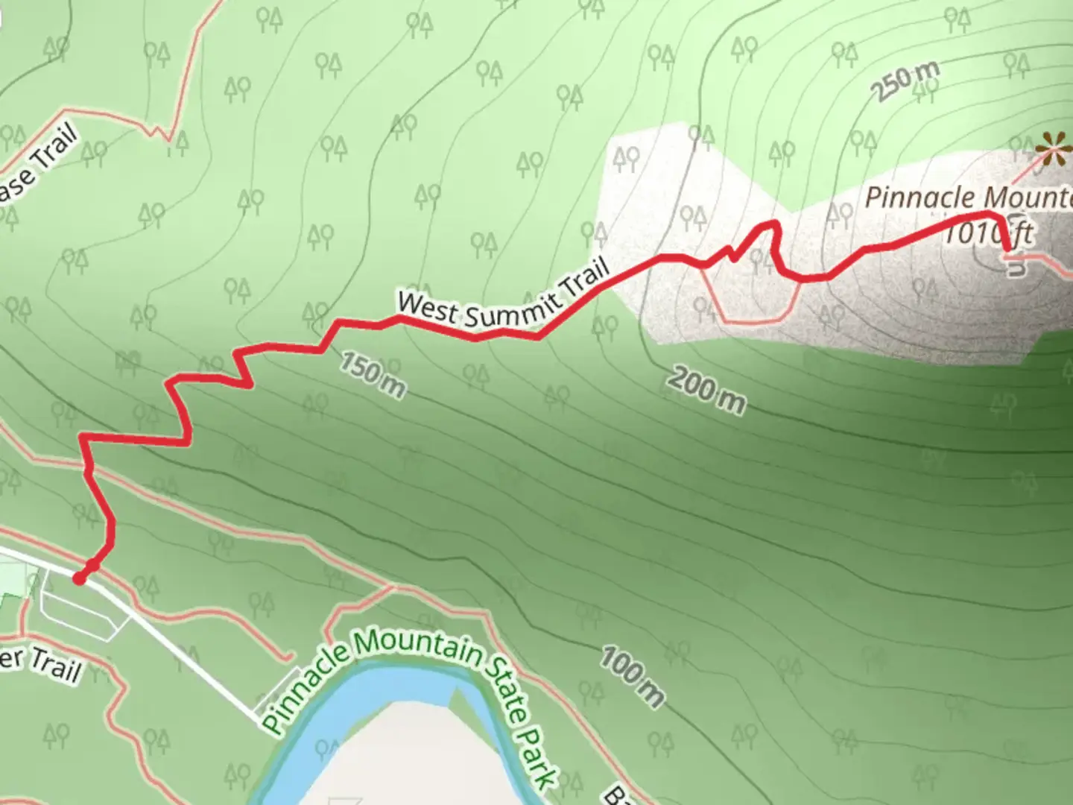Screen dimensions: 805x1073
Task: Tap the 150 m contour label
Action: tap(373, 375)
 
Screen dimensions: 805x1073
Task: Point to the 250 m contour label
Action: tap(905, 80)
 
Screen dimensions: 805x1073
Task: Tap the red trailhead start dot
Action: tap(79, 578)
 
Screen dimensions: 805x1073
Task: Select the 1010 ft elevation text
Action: tap(987, 234)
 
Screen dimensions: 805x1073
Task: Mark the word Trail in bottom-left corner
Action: tap(55, 666)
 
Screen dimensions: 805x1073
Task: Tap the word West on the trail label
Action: tap(426, 308)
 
